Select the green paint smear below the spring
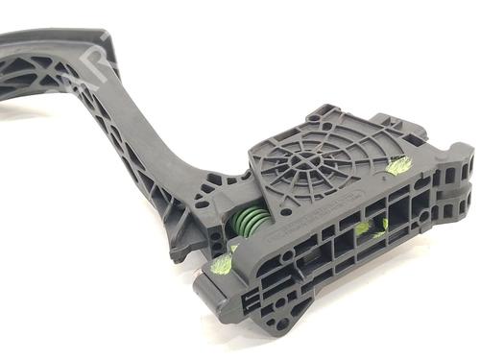click(x=224, y=262)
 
